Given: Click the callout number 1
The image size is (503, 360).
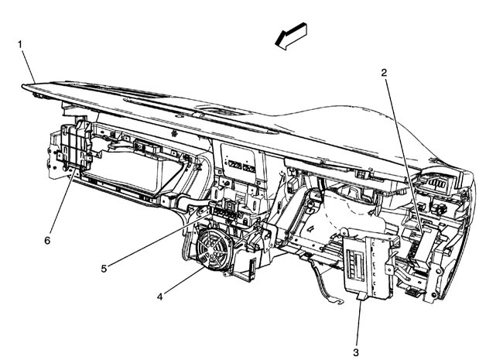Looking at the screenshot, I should (20, 44).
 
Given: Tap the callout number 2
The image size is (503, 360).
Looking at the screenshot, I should (384, 73).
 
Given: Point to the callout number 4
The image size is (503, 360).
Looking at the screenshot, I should (159, 297).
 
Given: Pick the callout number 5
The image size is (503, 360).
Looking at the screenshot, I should (104, 269).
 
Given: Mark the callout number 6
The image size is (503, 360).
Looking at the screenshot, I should (47, 241).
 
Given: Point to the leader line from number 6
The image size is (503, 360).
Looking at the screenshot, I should (61, 206).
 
